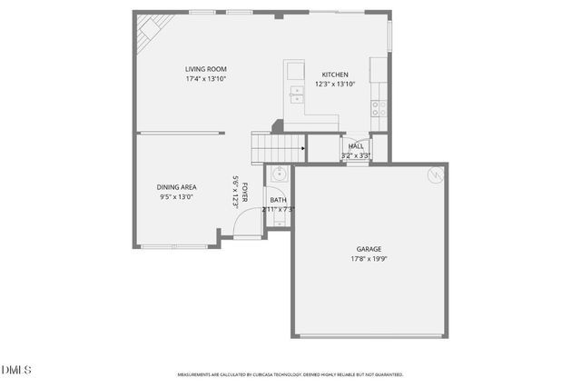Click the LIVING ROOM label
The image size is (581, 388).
point(205,69)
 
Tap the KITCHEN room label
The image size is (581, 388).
point(334,75)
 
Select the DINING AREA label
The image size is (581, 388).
point(177,187)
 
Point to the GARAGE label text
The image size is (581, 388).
point(369,249)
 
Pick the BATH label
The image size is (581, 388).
point(278,200)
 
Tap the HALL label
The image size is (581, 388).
point(356,146)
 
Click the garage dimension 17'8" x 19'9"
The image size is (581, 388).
point(369,258)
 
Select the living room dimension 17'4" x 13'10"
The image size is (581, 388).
point(205,78)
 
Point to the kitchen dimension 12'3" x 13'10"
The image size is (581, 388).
point(334,84)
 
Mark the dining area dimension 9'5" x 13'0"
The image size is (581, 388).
point(177,196)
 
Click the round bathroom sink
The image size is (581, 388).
point(279,175)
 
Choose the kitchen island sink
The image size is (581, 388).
point(295,91)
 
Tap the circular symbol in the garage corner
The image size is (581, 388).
point(435,174)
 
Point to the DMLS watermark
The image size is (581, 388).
point(16,370)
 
